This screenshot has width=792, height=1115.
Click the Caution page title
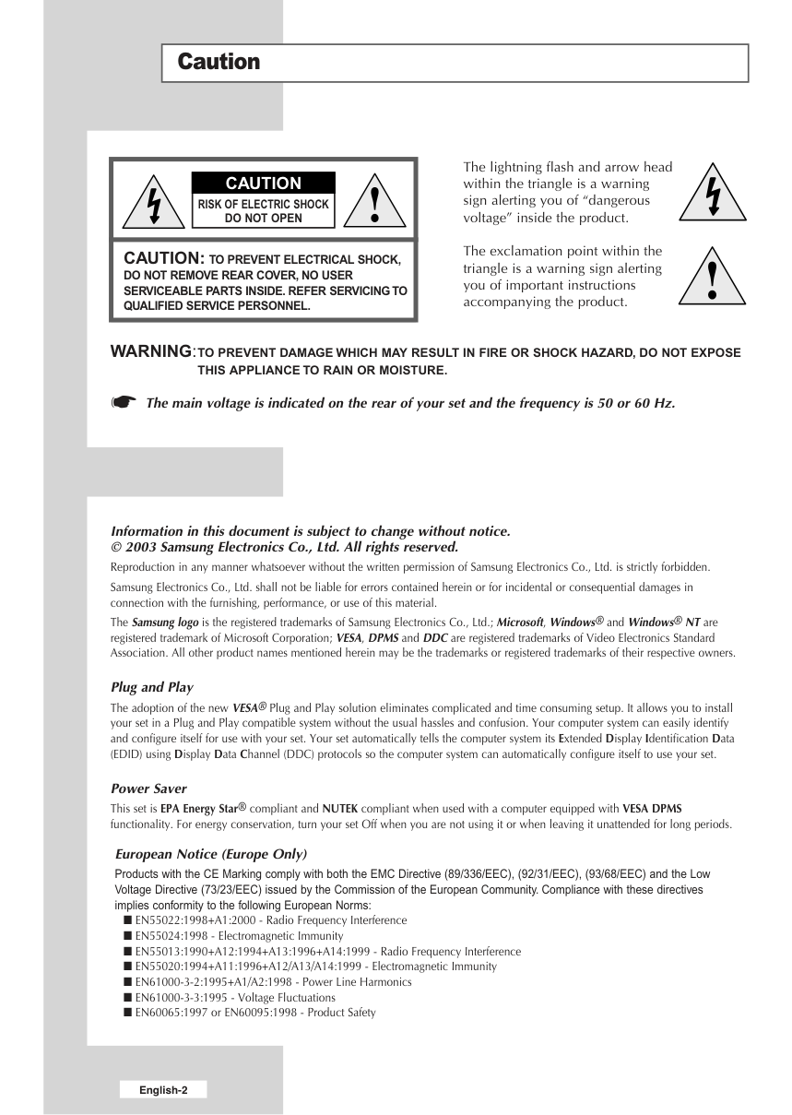click(219, 63)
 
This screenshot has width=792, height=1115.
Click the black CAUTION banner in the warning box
click(263, 184)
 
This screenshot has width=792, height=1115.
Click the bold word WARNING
click(152, 352)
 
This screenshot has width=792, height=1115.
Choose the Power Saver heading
click(148, 789)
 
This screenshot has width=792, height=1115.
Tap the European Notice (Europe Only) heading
click(211, 853)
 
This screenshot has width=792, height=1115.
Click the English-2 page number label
click(163, 1090)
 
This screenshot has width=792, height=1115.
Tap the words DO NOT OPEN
click(263, 219)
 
